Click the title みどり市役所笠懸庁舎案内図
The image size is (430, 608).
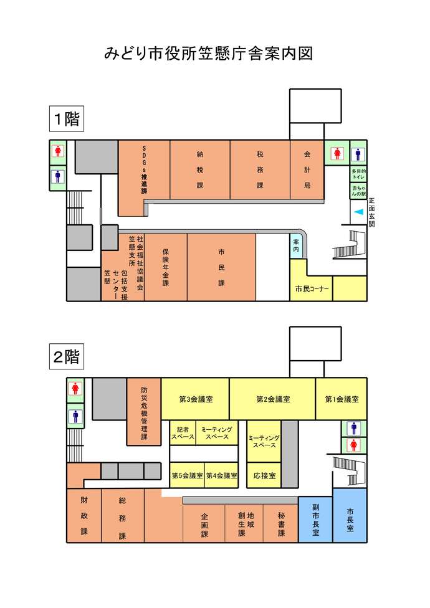coord(208,54)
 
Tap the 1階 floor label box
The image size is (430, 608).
coord(66,118)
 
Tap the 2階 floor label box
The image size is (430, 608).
coord(66,357)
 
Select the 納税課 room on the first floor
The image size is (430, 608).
coord(200,169)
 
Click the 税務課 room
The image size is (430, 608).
coord(260,169)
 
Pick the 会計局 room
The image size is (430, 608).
coord(307,169)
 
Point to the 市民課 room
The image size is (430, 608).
coord(221,267)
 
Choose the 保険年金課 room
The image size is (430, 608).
coord(166,267)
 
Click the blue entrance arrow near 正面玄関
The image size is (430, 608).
coord(358,213)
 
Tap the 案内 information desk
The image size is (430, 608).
coord(296,245)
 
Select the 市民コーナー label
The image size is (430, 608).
coord(312,288)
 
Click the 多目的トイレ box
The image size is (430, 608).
coord(358,174)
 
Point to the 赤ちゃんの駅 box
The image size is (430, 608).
coord(358,191)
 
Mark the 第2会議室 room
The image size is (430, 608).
coord(272,399)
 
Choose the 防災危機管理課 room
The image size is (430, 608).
coord(144,411)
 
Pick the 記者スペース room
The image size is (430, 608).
coord(183,433)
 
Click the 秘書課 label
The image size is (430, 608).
coord(281,525)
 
